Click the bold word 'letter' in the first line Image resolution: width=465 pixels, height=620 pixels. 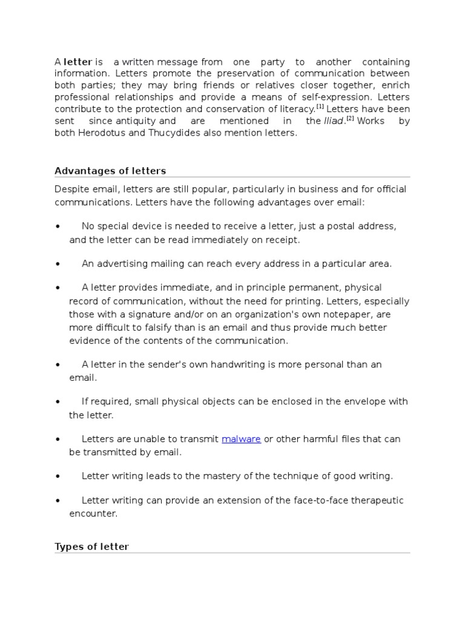pyautogui.click(x=77, y=62)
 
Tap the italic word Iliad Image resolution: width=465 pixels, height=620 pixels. pyautogui.click(x=334, y=121)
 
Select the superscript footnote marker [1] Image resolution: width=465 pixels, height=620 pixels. pyautogui.click(x=320, y=107)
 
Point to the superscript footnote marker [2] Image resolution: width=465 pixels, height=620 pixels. pyautogui.click(x=350, y=119)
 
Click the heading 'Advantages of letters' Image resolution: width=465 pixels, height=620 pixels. pyautogui.click(x=110, y=171)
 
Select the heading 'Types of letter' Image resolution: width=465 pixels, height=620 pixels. pyautogui.click(x=91, y=547)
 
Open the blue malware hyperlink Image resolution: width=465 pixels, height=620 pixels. pyautogui.click(x=241, y=439)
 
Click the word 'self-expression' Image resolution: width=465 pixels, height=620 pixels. pyautogui.click(x=341, y=97)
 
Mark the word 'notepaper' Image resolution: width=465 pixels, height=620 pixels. pyautogui.click(x=364, y=314)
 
